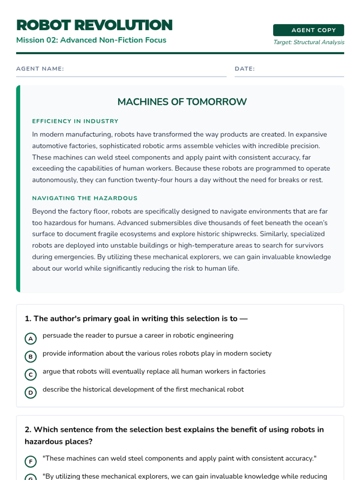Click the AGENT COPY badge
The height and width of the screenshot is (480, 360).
pyautogui.click(x=308, y=30)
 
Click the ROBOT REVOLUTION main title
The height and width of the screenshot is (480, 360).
pyautogui.click(x=94, y=25)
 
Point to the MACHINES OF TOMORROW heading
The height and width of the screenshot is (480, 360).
pyautogui.click(x=182, y=102)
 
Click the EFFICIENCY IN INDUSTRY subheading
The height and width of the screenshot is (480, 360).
pyautogui.click(x=75, y=121)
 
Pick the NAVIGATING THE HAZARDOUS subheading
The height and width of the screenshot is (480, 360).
pyautogui.click(x=85, y=198)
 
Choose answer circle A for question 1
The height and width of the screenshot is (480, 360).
pyautogui.click(x=31, y=339)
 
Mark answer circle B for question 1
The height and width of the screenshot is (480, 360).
pyautogui.click(x=31, y=357)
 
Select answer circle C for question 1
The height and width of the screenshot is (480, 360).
pyautogui.click(x=31, y=375)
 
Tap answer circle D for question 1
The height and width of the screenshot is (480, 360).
pyautogui.click(x=31, y=392)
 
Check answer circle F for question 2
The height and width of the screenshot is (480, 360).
pyautogui.click(x=31, y=461)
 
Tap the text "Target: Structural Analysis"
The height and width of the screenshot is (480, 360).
pyautogui.click(x=309, y=42)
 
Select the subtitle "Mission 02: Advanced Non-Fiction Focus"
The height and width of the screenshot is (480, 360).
pyautogui.click(x=91, y=40)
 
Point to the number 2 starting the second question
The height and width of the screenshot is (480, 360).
pyautogui.click(x=28, y=430)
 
